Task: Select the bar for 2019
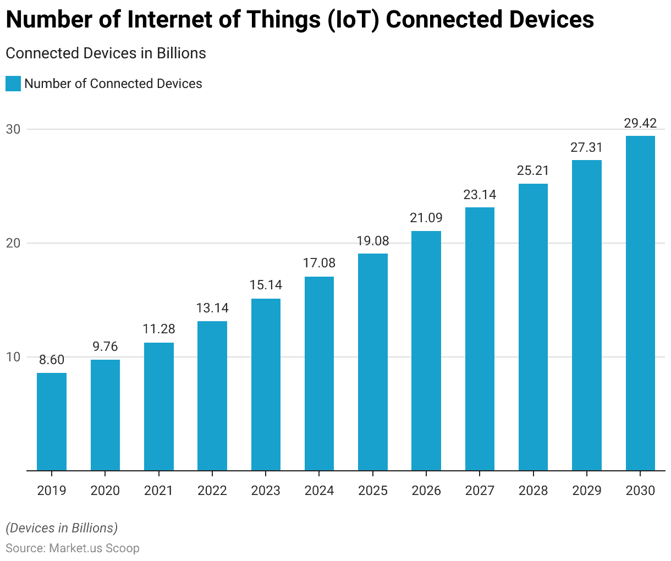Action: (52, 421)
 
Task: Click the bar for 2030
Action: (640, 303)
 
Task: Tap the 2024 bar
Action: (319, 373)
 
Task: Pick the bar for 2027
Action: (480, 339)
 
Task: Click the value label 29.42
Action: (640, 123)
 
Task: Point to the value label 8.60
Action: (52, 360)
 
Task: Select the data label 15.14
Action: (266, 285)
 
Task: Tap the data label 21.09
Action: (426, 218)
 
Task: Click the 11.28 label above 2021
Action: (159, 329)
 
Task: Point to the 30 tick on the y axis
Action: (13, 129)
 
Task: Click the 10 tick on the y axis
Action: (13, 357)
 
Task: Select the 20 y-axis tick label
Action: (13, 243)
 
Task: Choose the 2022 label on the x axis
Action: (212, 491)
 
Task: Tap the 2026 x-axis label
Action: (426, 491)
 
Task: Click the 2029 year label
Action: (587, 491)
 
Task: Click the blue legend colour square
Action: (13, 84)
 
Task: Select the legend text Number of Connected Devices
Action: (113, 84)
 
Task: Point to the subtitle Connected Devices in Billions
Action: (106, 53)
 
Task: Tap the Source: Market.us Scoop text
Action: (73, 548)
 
